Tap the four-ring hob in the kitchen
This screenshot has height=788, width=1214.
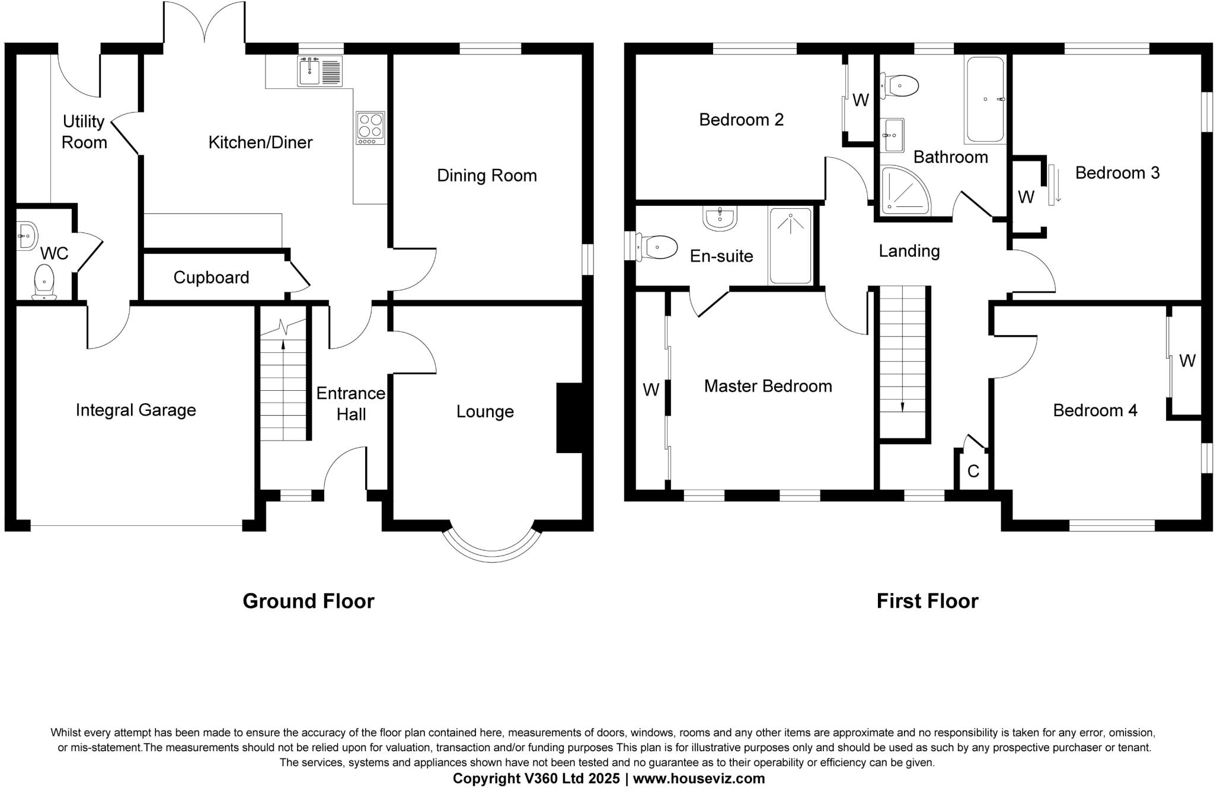coord(370,127)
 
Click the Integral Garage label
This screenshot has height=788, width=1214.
coord(136,410)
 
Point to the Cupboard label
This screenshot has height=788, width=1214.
coord(211,277)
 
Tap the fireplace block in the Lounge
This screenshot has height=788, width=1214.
coord(569,418)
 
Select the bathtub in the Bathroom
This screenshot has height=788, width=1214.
coord(985,99)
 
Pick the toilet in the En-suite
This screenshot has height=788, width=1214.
coord(658,247)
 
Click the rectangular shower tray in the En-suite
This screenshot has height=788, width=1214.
coord(790,245)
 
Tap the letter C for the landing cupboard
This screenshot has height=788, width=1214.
coord(973,471)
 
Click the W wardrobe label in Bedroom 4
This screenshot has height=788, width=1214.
coord(1187,360)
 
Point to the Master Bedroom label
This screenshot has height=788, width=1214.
coord(768,386)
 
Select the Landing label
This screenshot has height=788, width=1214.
coord(909,251)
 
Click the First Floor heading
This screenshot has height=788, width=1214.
coord(927,601)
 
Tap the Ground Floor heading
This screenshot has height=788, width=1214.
coord(308,601)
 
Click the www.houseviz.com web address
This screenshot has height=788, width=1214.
coord(699,778)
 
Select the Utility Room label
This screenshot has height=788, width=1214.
coord(84,132)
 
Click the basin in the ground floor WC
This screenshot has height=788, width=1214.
coord(26,236)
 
